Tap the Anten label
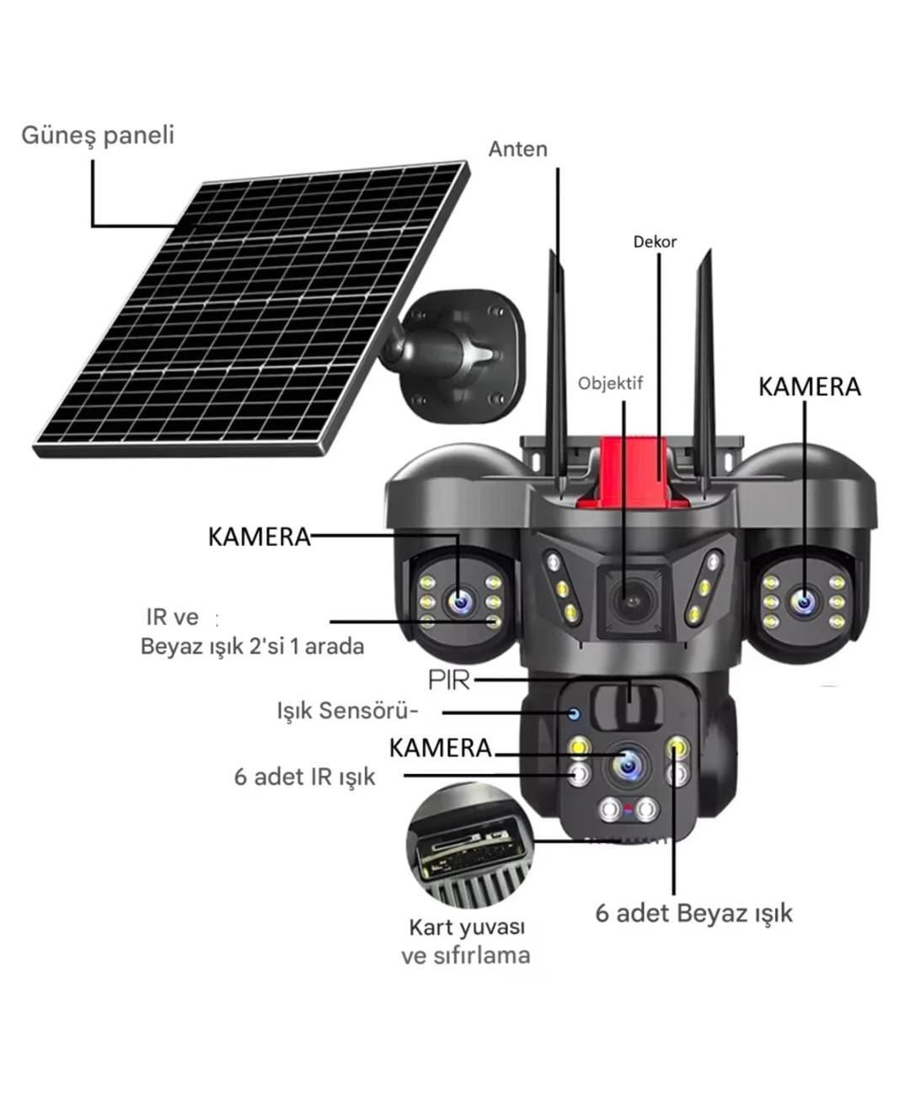pos(517,149)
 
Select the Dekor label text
pos(655,242)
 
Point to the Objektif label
pos(611,383)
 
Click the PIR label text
pos(449,680)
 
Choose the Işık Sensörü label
pos(347,711)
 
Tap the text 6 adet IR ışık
pos(304,777)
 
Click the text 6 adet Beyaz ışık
pos(693,913)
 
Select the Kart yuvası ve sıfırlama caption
pos(466,942)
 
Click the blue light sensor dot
pos(575,713)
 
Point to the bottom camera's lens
pos(629,766)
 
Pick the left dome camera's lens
pos(460,601)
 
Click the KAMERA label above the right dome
pos(810,387)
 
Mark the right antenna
pos(704,375)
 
